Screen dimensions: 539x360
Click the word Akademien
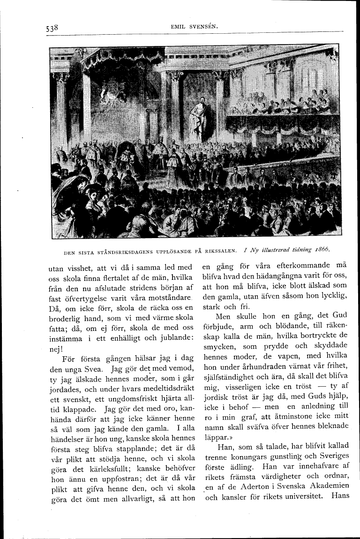coord(327,485)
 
